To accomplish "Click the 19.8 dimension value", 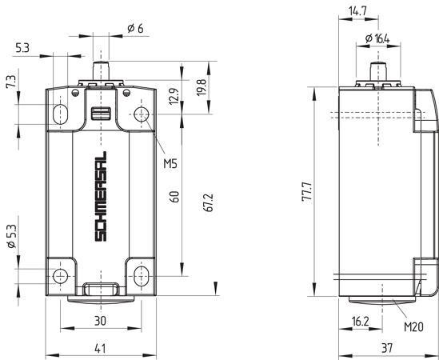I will [202, 86].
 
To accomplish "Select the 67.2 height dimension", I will [209, 202].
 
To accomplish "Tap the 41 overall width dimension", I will [100, 347].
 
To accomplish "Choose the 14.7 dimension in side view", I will [358, 11].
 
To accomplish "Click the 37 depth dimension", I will [385, 347].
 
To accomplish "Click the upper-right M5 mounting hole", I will [141, 114].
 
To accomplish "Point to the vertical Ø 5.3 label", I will [10, 238].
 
